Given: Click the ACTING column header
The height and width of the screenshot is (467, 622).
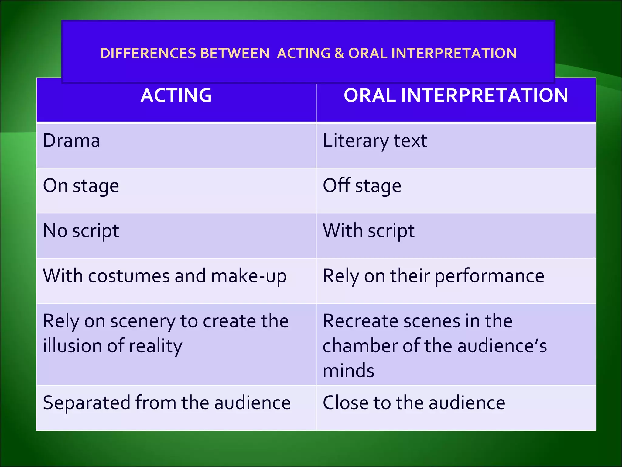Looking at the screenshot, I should point(176,95).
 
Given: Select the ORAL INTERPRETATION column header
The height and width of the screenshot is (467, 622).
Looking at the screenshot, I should point(456,95).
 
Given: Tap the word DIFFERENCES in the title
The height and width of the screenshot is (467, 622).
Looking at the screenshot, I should point(148,54).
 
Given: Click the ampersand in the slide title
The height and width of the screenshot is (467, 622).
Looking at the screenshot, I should point(339,54).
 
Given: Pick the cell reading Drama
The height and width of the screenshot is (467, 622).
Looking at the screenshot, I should point(72,141).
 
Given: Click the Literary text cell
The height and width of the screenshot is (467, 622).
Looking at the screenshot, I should point(375,141).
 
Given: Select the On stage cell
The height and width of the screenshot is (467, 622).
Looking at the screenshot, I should point(81,186).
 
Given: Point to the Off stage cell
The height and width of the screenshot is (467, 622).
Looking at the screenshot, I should point(362,186).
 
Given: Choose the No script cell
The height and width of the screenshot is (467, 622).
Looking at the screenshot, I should point(81,231).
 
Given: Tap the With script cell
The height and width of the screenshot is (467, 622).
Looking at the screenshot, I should point(368,231).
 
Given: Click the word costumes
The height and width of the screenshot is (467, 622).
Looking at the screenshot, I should point(129,276).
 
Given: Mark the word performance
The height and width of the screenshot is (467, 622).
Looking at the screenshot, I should point(489,276).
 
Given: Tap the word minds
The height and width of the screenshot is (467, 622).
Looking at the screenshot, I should point(348,371).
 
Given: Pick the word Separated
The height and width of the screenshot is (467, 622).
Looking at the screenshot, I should point(86,403).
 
